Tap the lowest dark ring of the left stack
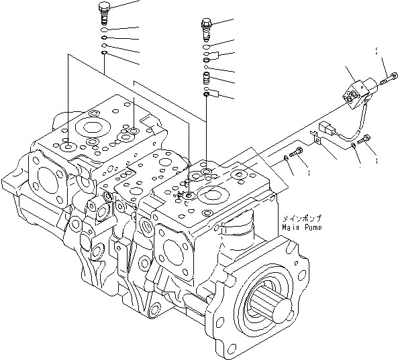pyautogui.click(x=104, y=54)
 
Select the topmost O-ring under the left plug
pyautogui.click(x=104, y=29)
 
